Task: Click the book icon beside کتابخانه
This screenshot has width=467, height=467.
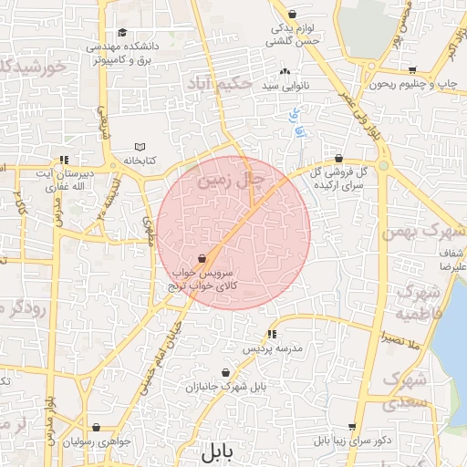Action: (x=140, y=147)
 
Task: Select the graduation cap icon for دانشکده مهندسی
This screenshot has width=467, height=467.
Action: (x=121, y=33)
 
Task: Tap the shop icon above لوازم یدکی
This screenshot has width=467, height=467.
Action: (x=292, y=14)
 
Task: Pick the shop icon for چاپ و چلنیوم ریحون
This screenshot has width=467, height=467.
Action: (x=412, y=70)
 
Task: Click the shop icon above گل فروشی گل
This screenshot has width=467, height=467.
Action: (x=338, y=157)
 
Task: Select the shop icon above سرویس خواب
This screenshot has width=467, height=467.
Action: (x=201, y=259)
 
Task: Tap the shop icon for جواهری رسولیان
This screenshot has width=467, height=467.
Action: (x=96, y=427)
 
